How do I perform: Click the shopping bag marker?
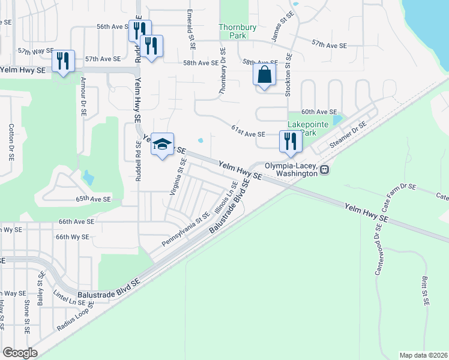[x=264, y=76]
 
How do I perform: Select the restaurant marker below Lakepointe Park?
[x=289, y=142]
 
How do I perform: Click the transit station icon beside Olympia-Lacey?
[x=324, y=170]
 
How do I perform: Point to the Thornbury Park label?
[x=233, y=31]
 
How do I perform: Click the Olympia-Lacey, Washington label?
[x=291, y=169]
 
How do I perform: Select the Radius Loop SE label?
[x=76, y=319]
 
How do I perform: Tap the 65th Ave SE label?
[x=94, y=199]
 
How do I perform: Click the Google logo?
[x=20, y=353]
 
